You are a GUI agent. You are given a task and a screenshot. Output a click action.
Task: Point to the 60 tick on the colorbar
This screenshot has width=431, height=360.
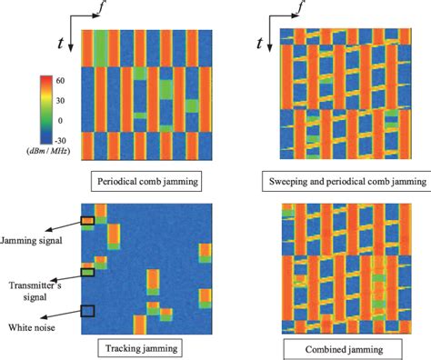coord(60,79)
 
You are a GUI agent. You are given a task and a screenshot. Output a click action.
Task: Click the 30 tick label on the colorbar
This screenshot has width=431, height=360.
coord(60,99)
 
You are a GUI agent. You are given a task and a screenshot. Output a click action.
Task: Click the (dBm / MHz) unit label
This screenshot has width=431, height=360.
coord(49,153)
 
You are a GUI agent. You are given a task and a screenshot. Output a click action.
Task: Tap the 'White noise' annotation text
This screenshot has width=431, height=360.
coord(28,326)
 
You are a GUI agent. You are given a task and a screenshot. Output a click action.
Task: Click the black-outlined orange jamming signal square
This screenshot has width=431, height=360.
coord(87,221)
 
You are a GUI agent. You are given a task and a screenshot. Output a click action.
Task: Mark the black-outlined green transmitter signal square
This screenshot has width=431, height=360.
coord(87,271)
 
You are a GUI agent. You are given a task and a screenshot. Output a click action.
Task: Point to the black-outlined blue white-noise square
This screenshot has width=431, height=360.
coord(87,311)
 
